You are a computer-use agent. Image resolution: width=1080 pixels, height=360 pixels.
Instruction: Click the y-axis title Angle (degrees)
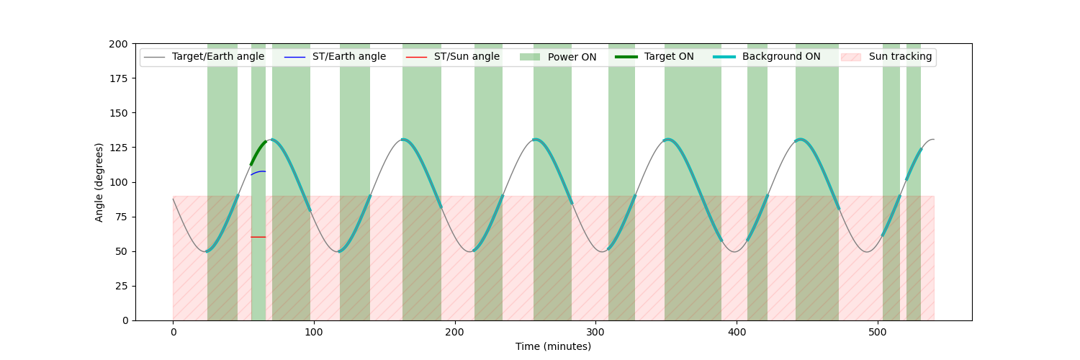[99, 182]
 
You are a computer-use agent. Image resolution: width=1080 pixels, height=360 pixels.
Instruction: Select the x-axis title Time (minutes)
[553, 346]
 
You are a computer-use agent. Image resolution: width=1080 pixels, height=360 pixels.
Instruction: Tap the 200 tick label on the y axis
[120, 44]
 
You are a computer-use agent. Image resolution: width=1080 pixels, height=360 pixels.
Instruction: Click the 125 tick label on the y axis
[120, 148]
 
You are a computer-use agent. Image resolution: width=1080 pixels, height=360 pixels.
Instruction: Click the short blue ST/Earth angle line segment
[258, 172]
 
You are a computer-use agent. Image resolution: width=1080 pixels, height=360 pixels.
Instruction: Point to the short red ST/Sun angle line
[258, 237]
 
